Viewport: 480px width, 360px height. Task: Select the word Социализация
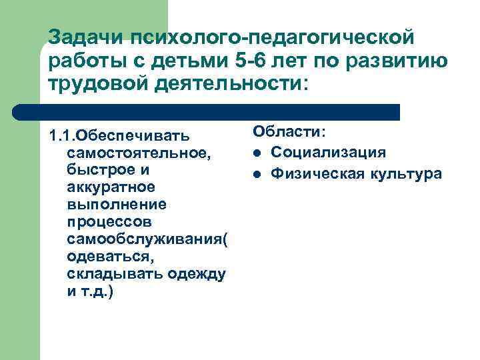pos(328,153)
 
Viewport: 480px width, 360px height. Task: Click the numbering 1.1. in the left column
pos(62,137)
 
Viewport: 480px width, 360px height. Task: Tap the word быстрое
pos(98,171)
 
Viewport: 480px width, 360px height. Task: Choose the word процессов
pos(109,221)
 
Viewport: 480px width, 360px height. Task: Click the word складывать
pos(110,273)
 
